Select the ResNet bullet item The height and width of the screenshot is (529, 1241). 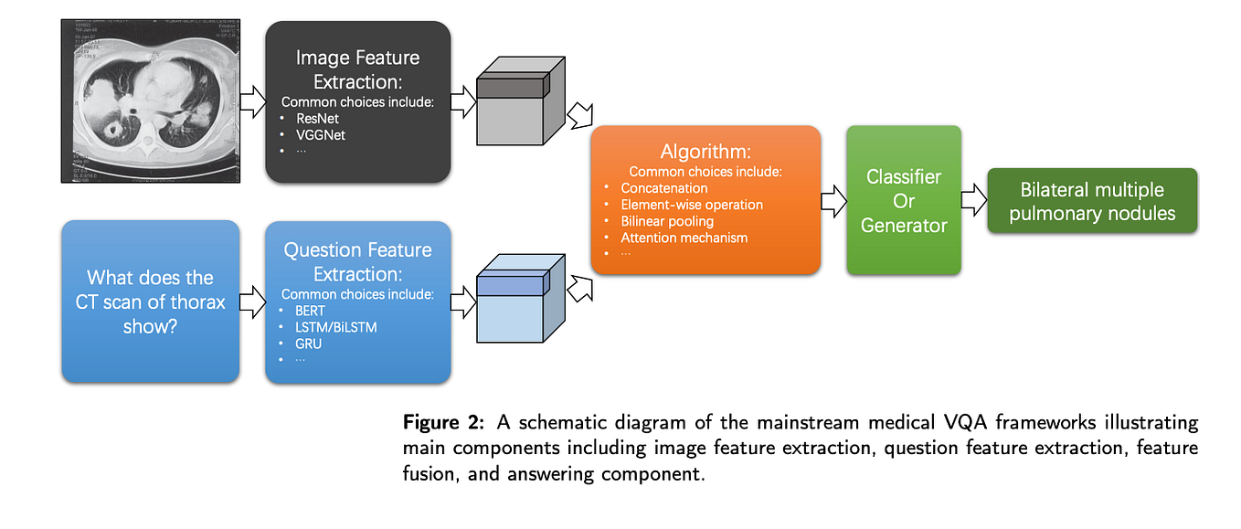(315, 119)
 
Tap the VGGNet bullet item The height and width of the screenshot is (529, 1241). (320, 135)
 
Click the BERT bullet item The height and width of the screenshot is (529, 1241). (310, 311)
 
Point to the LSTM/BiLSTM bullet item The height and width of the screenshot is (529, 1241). (335, 326)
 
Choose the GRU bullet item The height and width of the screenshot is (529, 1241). (309, 343)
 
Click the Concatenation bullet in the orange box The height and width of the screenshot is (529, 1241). (663, 188)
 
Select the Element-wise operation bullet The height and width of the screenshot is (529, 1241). (691, 205)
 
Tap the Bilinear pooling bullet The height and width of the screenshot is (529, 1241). (667, 221)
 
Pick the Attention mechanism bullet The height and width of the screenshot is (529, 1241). (684, 238)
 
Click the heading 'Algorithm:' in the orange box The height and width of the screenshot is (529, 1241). (705, 152)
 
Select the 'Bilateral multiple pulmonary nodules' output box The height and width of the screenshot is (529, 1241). (1091, 201)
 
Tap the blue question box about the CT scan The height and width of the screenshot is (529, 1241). (150, 301)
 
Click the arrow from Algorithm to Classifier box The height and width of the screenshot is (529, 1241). (833, 201)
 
